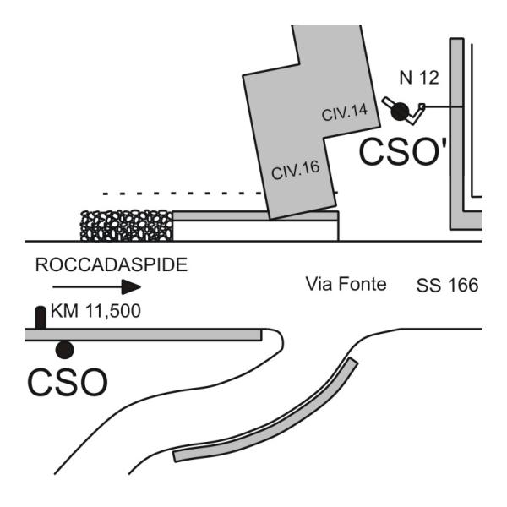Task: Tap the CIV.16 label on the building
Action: coord(294,168)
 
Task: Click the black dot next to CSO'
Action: coord(400,109)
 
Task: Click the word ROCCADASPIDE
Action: coord(111,264)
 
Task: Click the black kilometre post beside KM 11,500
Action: coord(40,318)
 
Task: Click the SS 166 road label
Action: coord(447,286)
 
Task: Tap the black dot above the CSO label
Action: coord(64,349)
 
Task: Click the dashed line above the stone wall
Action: coord(169,194)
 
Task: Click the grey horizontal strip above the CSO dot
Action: coord(144,335)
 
